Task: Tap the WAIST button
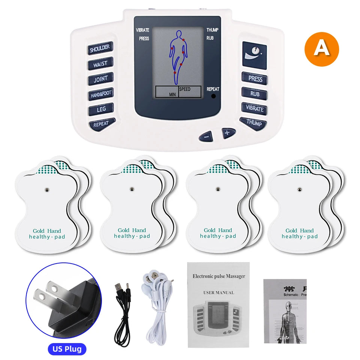click(x=100, y=64)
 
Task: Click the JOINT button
click(x=100, y=79)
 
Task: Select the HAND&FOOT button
click(x=100, y=94)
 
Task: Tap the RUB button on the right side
click(x=255, y=94)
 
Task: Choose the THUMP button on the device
click(x=254, y=123)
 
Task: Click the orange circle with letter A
click(x=321, y=49)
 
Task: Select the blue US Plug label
click(x=67, y=349)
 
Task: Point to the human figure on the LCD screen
click(x=178, y=56)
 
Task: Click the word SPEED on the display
click(x=184, y=89)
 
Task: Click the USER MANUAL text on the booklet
click(x=218, y=292)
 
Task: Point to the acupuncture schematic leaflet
click(x=285, y=311)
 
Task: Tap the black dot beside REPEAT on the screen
click(x=214, y=96)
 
